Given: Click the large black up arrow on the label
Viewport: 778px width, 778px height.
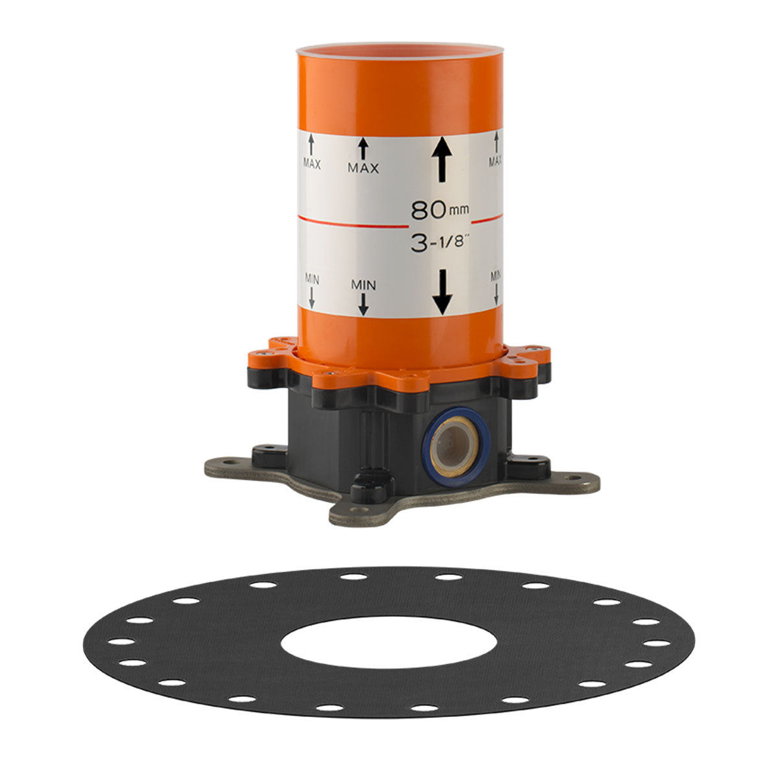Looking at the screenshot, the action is click(442, 159).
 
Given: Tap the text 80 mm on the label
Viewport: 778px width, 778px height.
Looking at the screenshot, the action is click(440, 210).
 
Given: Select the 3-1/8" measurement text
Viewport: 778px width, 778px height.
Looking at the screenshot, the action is click(440, 243).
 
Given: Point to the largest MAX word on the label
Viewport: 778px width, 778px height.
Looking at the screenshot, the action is click(363, 168).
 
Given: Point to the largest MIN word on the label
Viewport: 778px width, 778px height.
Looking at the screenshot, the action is click(363, 285).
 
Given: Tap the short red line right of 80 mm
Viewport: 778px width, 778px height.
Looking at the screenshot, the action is click(487, 219).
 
